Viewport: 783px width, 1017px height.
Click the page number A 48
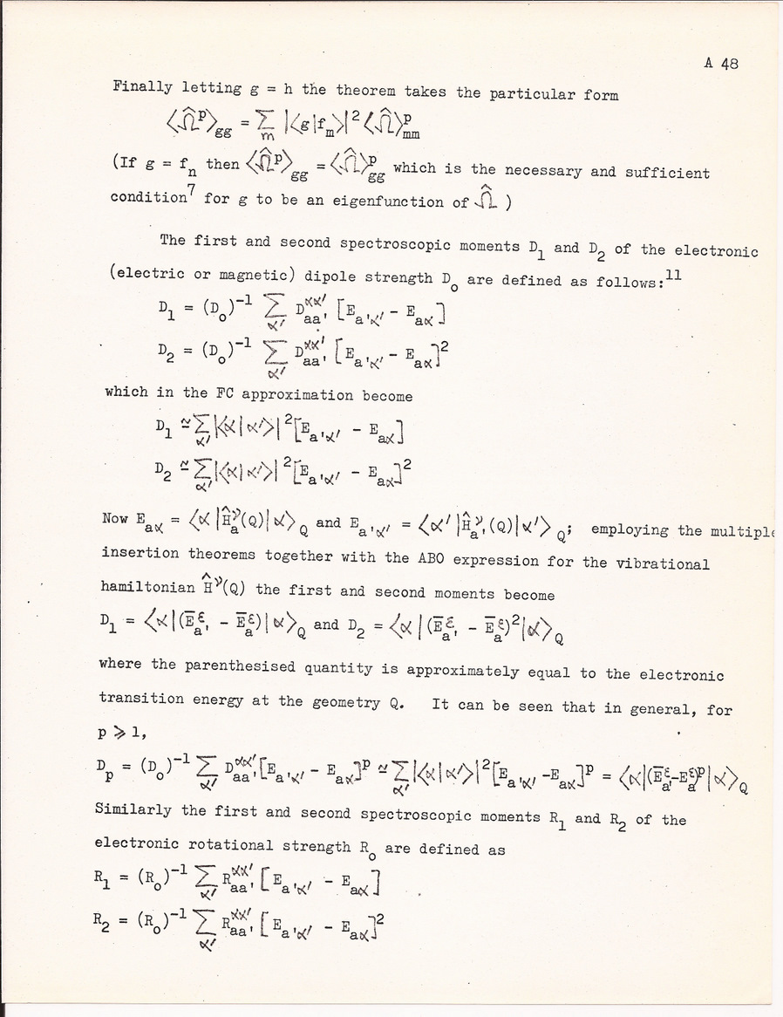pyautogui.click(x=721, y=64)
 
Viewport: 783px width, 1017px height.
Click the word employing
pyautogui.click(x=629, y=530)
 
